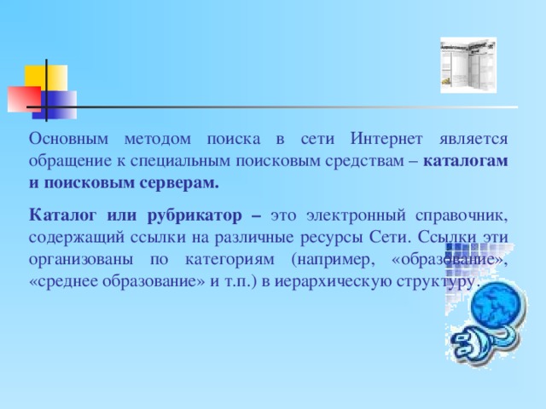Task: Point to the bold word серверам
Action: click(177, 181)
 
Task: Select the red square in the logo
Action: click(23, 97)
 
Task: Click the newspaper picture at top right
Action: click(467, 65)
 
